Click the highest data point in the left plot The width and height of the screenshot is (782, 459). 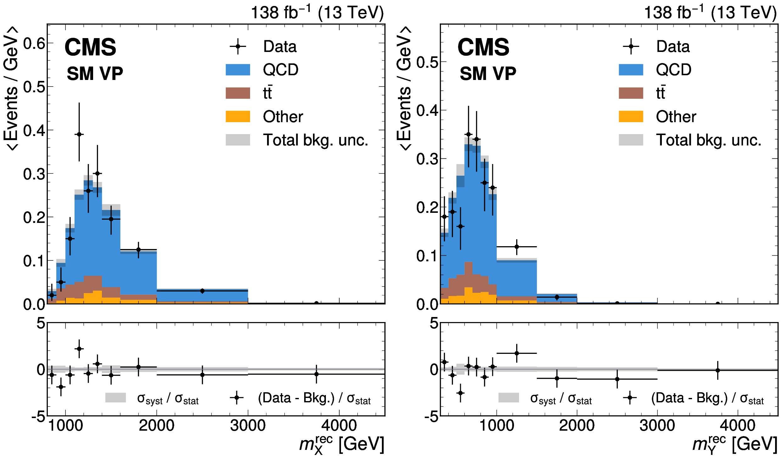[79, 134]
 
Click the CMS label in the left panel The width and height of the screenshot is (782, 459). [90, 47]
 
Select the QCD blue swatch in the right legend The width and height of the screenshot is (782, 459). [631, 70]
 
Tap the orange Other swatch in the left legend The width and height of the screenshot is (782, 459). [238, 116]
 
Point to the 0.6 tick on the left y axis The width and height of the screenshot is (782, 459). [34, 43]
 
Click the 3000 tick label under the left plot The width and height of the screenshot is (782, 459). [248, 426]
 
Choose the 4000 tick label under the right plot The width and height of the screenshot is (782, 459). [737, 426]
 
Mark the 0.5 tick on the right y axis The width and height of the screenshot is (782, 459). [427, 62]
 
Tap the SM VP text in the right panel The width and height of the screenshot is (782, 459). [488, 74]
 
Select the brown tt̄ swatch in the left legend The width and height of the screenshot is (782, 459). [238, 93]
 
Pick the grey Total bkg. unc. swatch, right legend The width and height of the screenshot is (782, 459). [631, 140]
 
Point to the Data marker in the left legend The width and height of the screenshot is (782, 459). [238, 47]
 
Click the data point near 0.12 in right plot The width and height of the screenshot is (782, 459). [517, 247]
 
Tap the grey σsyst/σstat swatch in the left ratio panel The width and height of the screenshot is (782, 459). [115, 398]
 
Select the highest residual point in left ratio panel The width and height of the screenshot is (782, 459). [79, 349]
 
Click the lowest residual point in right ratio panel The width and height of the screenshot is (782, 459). [461, 393]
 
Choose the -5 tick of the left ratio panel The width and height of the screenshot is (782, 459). [38, 417]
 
